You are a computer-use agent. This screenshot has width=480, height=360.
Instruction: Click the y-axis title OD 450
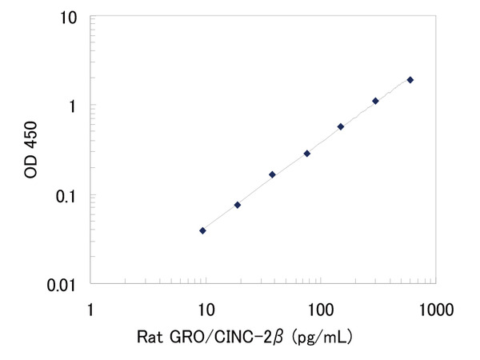click(x=33, y=150)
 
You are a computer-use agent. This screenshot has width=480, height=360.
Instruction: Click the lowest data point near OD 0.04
click(x=202, y=230)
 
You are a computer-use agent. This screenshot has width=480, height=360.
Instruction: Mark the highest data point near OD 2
click(x=410, y=80)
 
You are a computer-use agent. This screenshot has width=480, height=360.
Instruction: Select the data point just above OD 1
click(x=375, y=101)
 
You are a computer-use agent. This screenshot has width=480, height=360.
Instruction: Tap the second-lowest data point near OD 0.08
click(x=238, y=205)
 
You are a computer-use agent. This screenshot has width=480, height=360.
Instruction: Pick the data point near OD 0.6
click(x=341, y=126)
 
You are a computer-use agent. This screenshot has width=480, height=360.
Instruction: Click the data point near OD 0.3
click(x=306, y=153)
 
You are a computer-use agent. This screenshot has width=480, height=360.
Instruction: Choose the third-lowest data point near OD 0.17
click(x=272, y=174)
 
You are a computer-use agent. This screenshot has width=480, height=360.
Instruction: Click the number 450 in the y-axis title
click(x=33, y=133)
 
